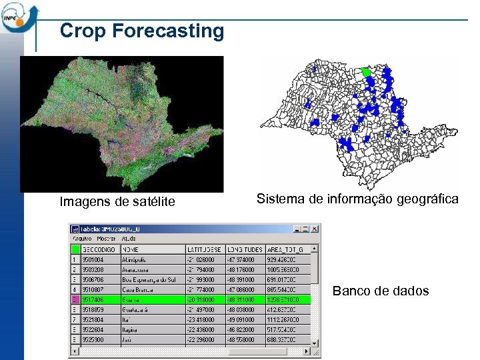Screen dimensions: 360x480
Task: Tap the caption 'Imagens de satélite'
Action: pos(117,201)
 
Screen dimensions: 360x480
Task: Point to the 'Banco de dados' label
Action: pos(381,291)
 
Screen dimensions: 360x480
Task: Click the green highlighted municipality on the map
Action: pos(365,71)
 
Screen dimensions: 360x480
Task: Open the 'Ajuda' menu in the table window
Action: pos(129,238)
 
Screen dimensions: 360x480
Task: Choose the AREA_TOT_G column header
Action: pos(285,249)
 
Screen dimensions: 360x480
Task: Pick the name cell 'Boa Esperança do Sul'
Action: pos(152,279)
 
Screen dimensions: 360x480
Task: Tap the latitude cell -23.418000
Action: pos(205,319)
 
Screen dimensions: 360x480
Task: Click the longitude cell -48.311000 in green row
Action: pos(245,299)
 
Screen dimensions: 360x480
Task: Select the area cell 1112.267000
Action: pos(285,319)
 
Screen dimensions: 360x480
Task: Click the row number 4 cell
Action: pos(75,289)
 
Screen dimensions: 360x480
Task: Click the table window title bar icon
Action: pos(75,228)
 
